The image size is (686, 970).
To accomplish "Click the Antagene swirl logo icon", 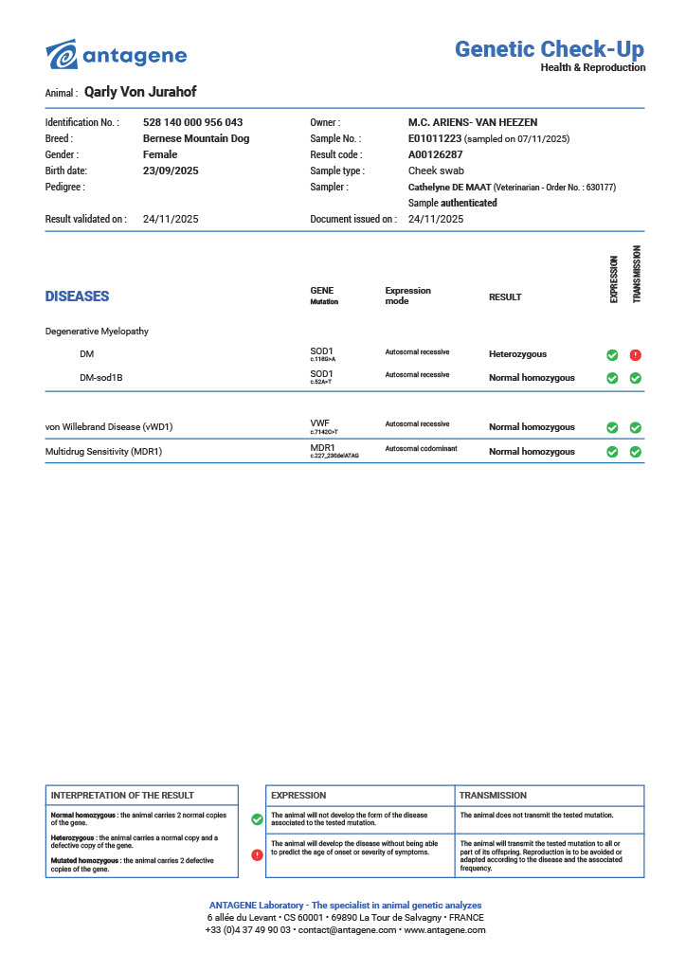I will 62,55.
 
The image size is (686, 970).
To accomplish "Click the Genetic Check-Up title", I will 550,49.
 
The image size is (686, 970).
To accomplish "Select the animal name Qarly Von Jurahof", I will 140,92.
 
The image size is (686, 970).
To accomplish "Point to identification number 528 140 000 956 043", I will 192,122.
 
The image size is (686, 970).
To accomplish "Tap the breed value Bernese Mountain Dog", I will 196,138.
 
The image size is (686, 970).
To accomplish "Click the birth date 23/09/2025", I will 171,171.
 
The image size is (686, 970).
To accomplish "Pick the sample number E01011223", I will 435,138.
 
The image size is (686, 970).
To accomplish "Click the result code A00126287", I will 435,154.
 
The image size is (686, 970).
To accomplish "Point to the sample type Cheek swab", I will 436,171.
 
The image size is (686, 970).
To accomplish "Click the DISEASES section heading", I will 77,296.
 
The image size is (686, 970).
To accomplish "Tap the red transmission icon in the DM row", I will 635,355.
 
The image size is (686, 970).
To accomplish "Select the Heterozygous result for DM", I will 517,354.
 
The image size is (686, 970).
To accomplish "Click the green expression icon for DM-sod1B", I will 612,378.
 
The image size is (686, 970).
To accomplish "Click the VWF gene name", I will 320,423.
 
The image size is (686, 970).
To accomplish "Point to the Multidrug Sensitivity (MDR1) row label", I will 104,452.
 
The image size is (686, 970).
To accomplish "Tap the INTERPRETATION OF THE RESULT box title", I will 122,796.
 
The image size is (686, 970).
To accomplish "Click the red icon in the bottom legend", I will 257,854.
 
